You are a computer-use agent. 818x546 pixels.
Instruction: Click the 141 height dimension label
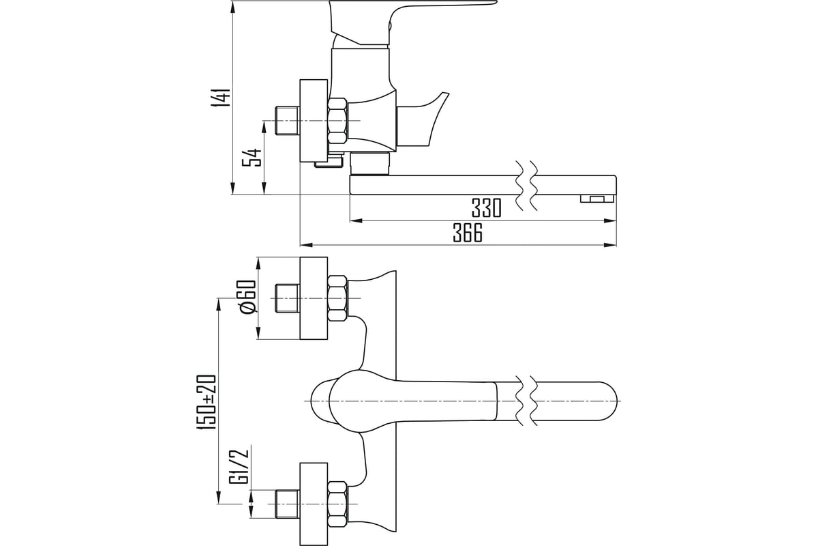(222, 98)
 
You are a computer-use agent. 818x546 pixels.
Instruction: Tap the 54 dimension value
(253, 158)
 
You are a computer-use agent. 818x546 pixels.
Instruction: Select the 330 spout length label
(487, 207)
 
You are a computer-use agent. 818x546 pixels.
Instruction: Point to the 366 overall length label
(468, 233)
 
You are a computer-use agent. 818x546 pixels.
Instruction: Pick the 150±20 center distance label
(207, 402)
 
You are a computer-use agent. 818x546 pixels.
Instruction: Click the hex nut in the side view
(337, 120)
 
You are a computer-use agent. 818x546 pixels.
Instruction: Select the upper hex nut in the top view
(337, 298)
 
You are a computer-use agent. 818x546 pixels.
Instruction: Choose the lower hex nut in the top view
(337, 504)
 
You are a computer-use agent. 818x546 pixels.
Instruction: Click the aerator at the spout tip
(597, 198)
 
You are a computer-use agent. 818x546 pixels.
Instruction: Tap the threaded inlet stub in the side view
(287, 121)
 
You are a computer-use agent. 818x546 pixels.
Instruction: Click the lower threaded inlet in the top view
(287, 504)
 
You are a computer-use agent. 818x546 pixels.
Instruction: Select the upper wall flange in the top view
(314, 298)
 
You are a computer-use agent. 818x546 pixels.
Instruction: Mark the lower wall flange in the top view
(314, 504)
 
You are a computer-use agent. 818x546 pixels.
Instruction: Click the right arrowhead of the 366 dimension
(611, 244)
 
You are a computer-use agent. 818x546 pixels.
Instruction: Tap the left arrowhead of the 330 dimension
(356, 220)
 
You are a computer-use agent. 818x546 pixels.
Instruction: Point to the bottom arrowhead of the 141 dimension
(232, 188)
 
